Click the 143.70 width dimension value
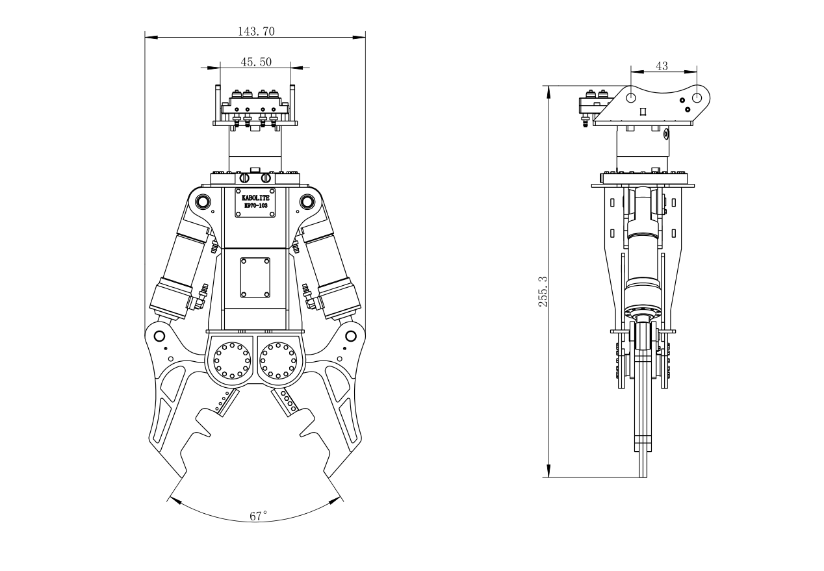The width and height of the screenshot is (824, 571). tap(255, 31)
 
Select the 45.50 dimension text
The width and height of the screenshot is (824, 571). tap(256, 62)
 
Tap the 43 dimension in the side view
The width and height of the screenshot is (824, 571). tap(662, 66)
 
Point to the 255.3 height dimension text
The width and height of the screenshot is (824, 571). tap(543, 291)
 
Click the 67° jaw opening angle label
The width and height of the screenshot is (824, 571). tap(258, 517)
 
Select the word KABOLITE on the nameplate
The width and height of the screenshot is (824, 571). tap(255, 197)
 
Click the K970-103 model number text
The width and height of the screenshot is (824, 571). tap(255, 205)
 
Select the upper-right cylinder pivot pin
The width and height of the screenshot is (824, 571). tap(307, 202)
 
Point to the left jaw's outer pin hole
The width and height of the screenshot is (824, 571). tap(159, 336)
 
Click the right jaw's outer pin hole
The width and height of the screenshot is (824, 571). tap(351, 336)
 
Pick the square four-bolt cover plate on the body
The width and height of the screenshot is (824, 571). tap(255, 277)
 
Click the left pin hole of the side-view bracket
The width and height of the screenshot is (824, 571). tap(630, 97)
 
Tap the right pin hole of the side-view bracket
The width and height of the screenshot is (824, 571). tap(696, 97)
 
